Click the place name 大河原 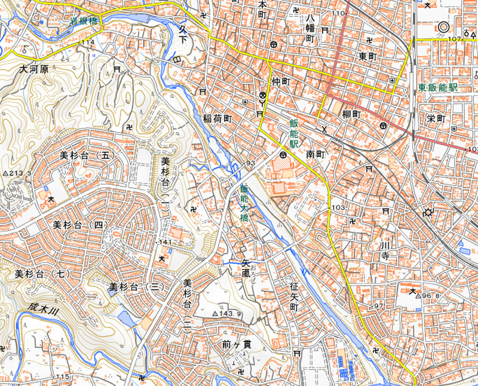click(x=34, y=69)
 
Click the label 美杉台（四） click(x=78, y=225)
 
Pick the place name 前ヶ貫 click(x=234, y=344)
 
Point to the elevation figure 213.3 click(x=18, y=173)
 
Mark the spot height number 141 click(x=166, y=242)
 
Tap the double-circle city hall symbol click(x=443, y=27)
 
